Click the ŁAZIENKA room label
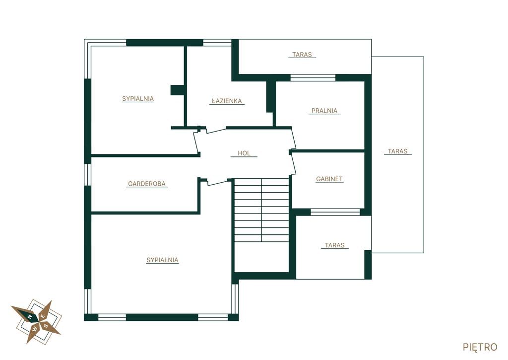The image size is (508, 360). click(x=227, y=101)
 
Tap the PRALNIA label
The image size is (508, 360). click(x=324, y=111)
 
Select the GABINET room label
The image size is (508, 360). click(x=329, y=179)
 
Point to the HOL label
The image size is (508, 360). click(x=244, y=153)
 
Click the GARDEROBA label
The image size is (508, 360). click(x=147, y=184)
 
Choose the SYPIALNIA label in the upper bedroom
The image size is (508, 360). click(x=138, y=99)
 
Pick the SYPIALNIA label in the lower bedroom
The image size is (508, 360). click(x=162, y=260)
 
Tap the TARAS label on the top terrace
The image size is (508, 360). click(x=302, y=55)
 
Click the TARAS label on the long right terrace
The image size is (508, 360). click(x=397, y=151)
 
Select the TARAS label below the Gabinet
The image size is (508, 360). click(x=335, y=245)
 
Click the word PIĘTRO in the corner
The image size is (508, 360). click(x=480, y=347)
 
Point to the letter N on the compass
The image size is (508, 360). click(x=29, y=316)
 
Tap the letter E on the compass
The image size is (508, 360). click(x=43, y=316)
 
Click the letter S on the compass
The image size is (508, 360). click(x=46, y=326)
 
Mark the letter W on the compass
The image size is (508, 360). click(x=35, y=329)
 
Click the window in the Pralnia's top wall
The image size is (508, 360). click(x=313, y=78)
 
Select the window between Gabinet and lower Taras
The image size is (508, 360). click(x=335, y=212)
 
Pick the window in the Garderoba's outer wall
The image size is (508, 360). click(x=87, y=175)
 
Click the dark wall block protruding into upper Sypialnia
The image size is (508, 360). click(x=178, y=90)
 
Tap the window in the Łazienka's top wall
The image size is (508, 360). click(x=217, y=43)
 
